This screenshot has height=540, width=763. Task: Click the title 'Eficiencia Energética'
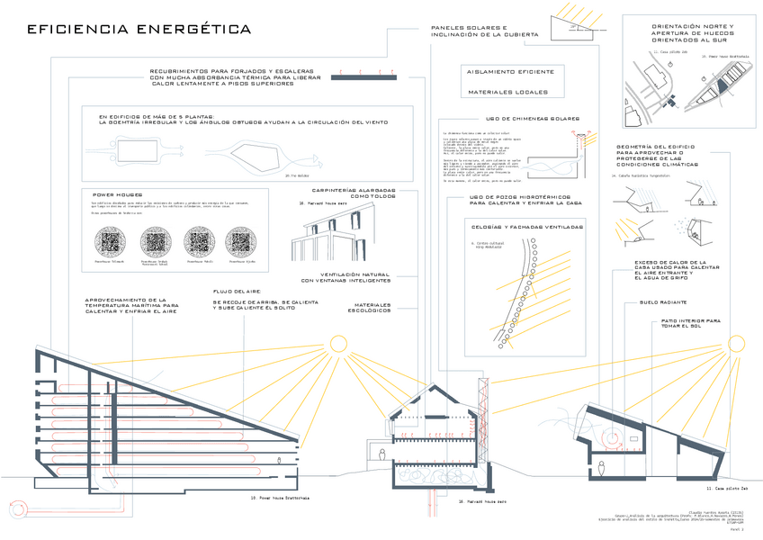pos(139,30)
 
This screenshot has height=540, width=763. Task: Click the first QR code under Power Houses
pos(114,242)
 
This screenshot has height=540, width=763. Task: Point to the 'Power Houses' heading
pos(119,194)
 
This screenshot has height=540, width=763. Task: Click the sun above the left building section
pos(338,344)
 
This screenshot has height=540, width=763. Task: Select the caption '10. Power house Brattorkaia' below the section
pos(279,497)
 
